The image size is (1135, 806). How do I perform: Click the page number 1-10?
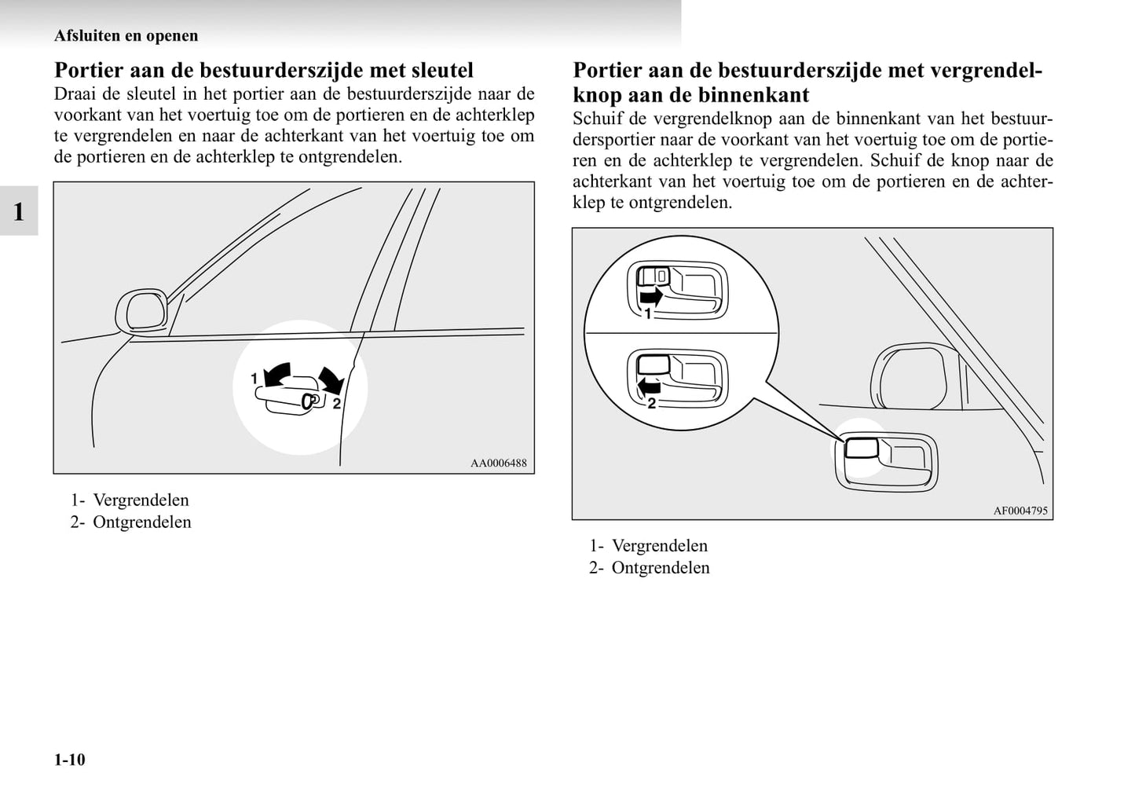tap(69, 760)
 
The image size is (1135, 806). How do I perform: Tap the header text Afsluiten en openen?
tap(126, 35)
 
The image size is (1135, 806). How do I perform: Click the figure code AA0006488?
tap(498, 463)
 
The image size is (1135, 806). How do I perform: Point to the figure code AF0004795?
tap(1020, 511)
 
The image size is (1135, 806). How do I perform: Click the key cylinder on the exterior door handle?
tap(308, 401)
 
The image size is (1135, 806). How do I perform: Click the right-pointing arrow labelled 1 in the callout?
tap(651, 297)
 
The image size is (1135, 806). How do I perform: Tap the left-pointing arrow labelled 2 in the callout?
tap(649, 386)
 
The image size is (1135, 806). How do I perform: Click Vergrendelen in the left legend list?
tap(141, 500)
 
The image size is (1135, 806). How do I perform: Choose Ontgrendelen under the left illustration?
tap(141, 522)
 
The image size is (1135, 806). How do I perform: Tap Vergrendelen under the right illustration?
tap(659, 546)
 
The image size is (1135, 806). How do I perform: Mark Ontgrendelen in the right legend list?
tap(660, 568)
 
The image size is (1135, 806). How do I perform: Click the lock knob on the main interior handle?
tap(861, 448)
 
